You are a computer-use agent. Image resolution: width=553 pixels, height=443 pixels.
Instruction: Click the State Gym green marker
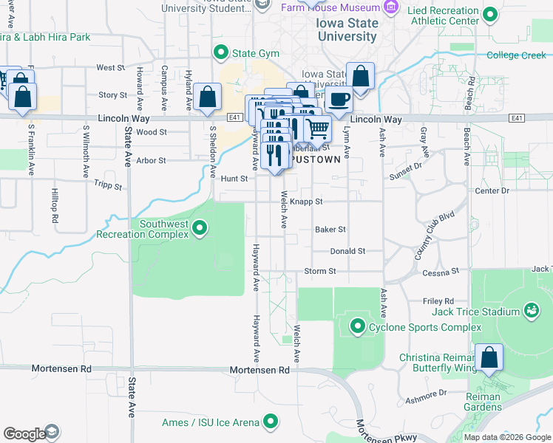click(x=220, y=52)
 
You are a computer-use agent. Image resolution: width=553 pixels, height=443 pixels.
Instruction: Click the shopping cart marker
click(x=318, y=128)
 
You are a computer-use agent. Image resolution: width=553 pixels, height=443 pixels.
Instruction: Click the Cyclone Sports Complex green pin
click(x=358, y=326)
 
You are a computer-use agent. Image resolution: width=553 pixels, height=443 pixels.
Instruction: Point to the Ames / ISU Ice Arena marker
click(x=271, y=422)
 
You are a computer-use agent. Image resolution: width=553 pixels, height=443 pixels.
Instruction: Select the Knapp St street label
click(x=306, y=201)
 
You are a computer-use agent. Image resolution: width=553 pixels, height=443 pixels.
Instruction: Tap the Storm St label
click(x=320, y=271)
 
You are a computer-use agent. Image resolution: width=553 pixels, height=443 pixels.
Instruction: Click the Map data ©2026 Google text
click(x=506, y=437)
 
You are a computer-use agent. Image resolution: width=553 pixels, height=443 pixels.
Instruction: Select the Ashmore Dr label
click(x=427, y=397)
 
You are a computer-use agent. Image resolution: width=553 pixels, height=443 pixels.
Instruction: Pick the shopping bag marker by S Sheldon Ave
click(x=208, y=97)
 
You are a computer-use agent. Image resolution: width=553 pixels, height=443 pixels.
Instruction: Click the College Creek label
click(x=516, y=55)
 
